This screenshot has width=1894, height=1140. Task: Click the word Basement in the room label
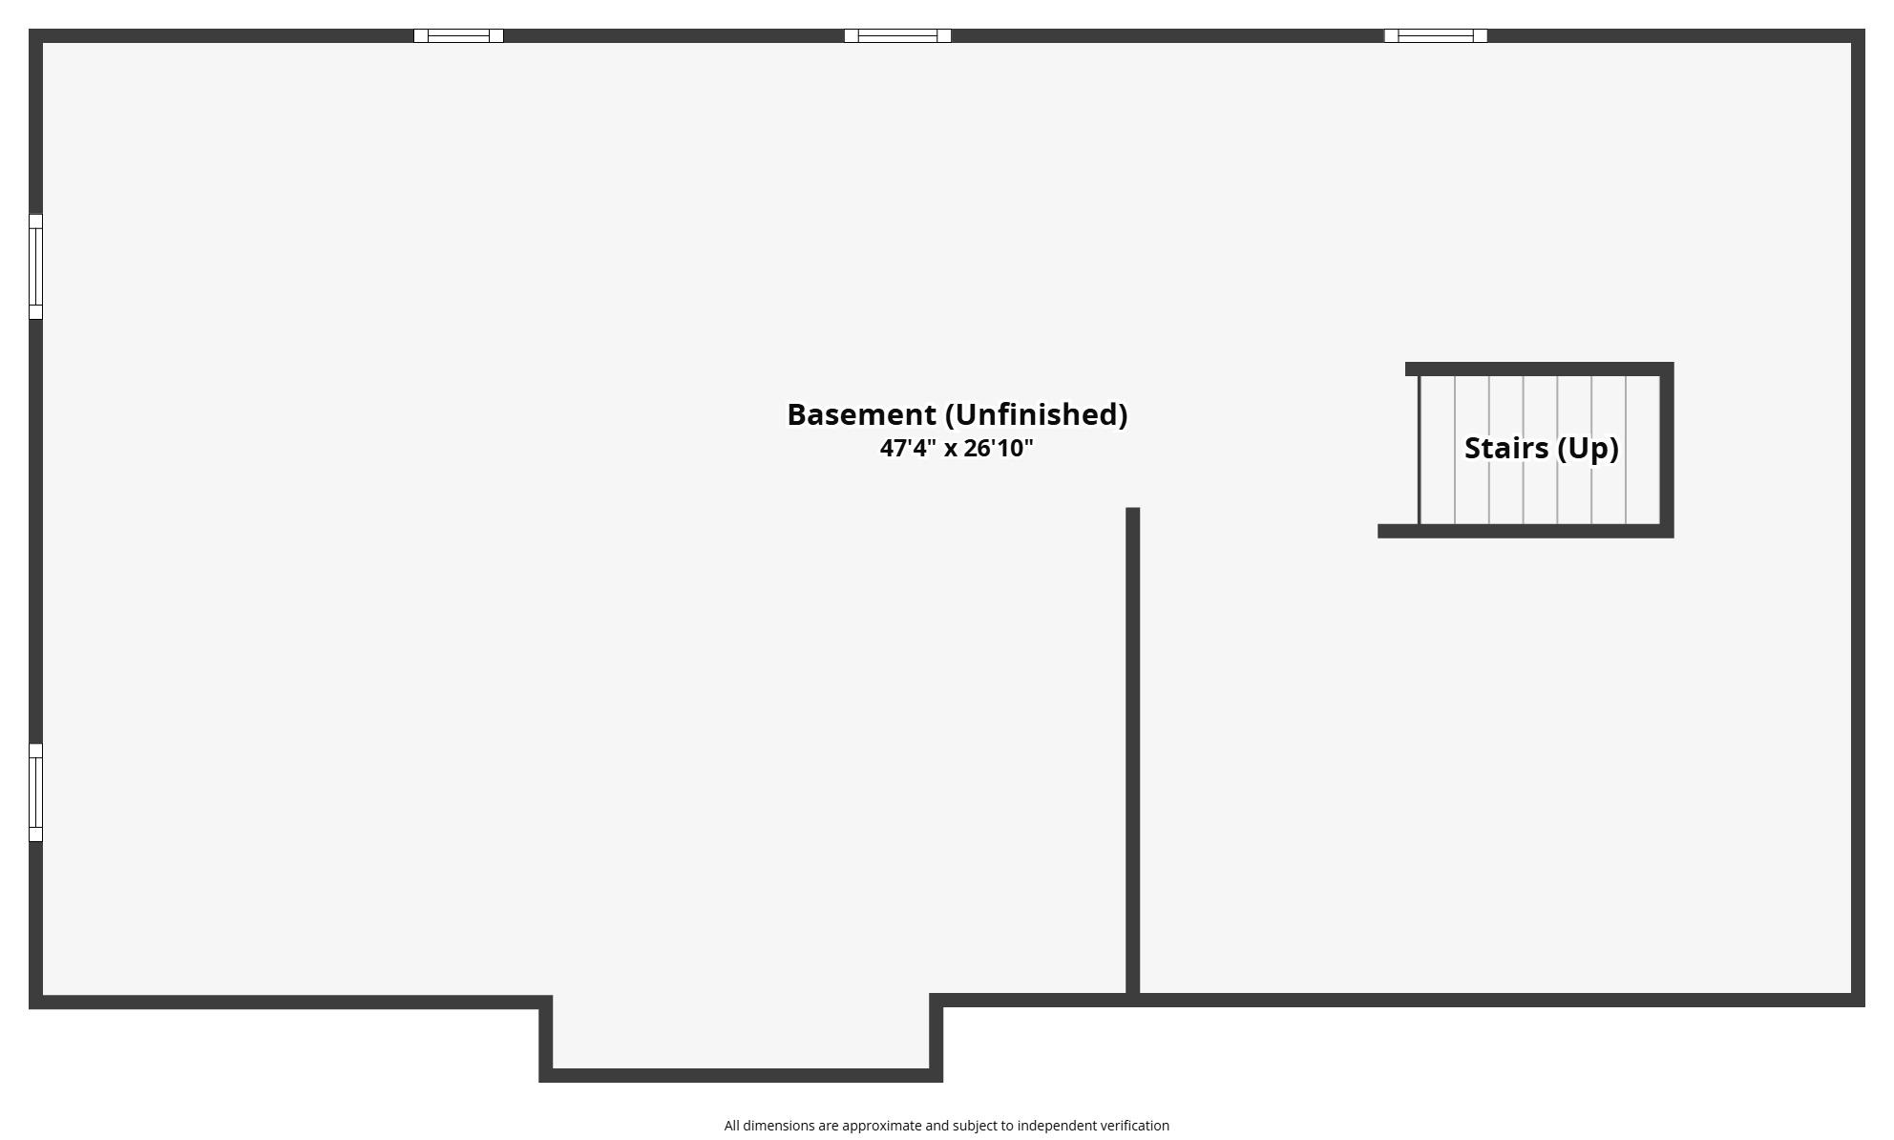[861, 414]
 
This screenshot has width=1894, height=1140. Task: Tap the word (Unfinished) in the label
[1037, 414]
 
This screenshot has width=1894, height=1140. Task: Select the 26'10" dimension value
[999, 448]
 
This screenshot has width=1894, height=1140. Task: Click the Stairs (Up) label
[1541, 448]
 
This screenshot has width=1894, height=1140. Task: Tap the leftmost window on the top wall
[458, 36]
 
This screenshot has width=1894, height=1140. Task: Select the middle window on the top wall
[897, 36]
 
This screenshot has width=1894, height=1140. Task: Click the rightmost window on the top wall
[1436, 36]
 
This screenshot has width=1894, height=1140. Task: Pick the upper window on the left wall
[35, 266]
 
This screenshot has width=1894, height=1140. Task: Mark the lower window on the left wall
[35, 792]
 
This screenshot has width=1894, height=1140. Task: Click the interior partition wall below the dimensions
[1133, 752]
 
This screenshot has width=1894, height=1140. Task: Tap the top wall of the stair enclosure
[1539, 369]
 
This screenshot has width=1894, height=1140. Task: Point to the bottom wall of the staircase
[1526, 531]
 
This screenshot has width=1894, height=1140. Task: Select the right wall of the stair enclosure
[1667, 450]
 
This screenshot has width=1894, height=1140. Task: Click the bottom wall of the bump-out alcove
[741, 1075]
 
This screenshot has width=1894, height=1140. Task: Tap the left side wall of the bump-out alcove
[546, 1039]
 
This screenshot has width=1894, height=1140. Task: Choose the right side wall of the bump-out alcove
[936, 1038]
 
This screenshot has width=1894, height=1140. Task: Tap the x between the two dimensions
[950, 450]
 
